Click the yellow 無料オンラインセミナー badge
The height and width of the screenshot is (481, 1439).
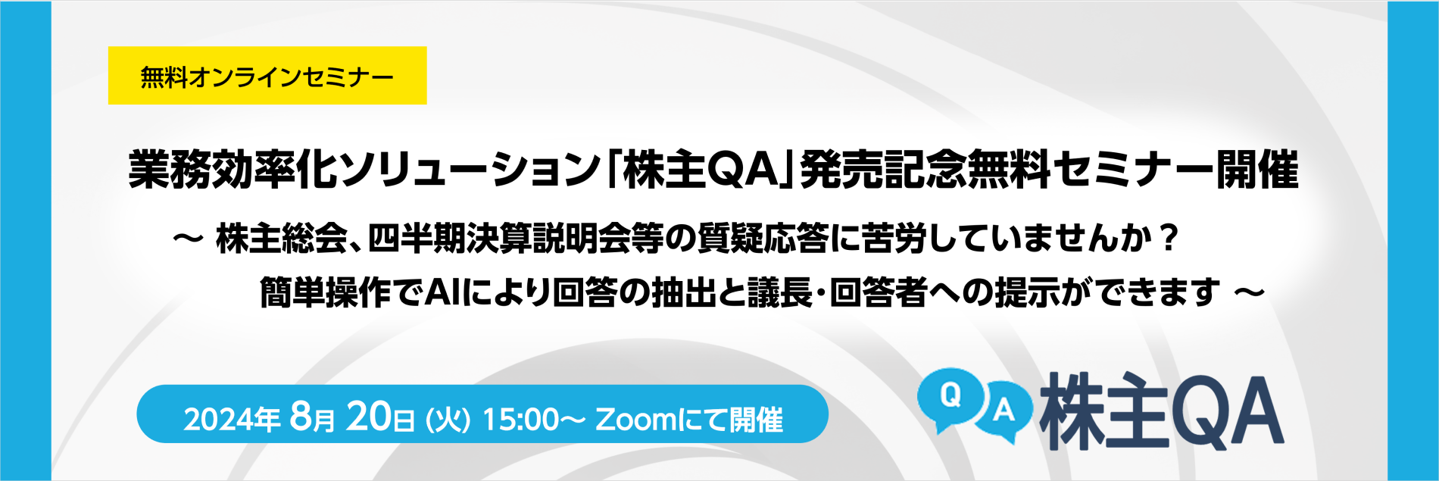click(267, 76)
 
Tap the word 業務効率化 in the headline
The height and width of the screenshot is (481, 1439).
click(233, 170)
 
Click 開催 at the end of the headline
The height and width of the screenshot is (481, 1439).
click(1257, 170)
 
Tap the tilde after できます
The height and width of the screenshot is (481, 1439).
click(1250, 292)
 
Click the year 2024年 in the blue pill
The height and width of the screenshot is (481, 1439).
click(232, 419)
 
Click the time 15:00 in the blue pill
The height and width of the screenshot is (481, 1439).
click(520, 419)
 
